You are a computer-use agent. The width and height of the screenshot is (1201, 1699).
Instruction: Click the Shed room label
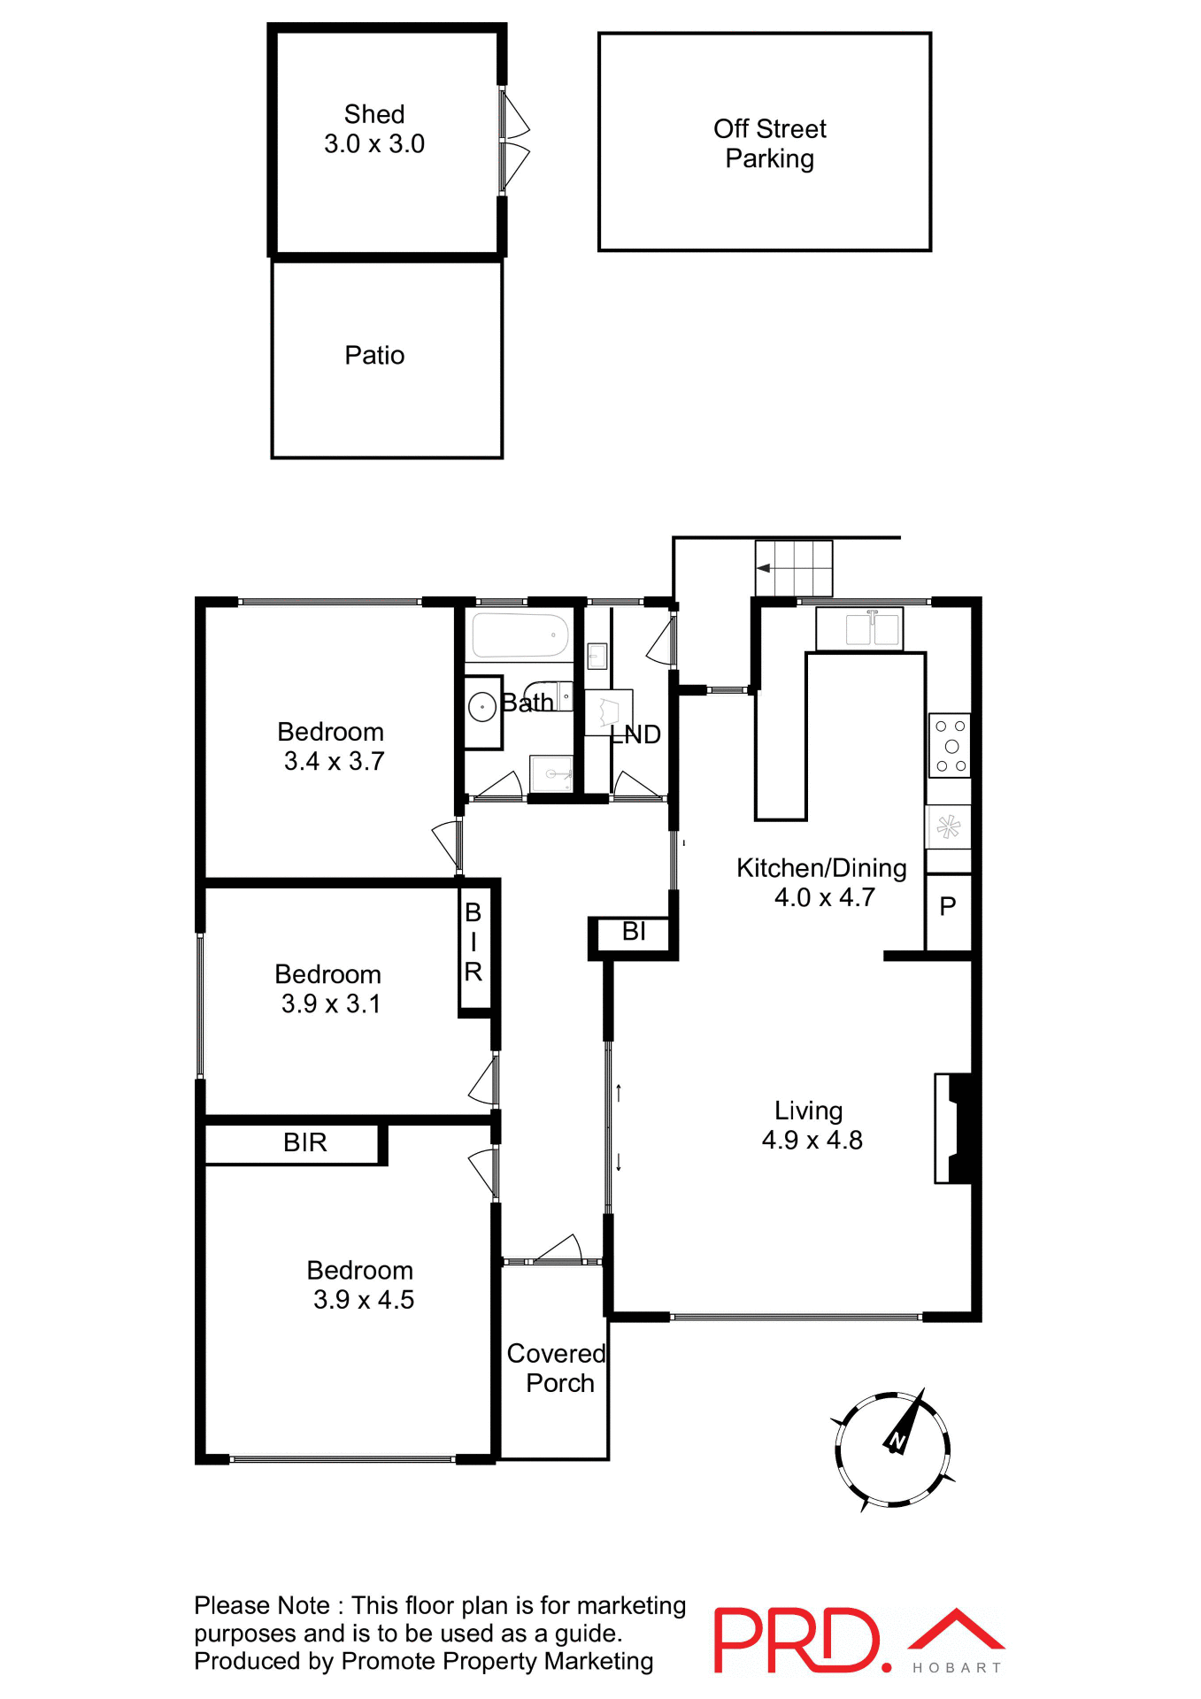[374, 115]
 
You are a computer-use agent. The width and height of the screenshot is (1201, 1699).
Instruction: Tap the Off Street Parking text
[769, 143]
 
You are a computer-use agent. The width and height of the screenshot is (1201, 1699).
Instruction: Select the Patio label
[374, 356]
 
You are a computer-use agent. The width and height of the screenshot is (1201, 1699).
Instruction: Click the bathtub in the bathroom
[520, 634]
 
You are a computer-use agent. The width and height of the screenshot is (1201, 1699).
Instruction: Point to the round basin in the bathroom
[482, 707]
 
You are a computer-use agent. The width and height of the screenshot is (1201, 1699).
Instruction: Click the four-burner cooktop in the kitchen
[950, 745]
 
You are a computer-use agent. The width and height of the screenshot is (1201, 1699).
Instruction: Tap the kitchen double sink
[872, 629]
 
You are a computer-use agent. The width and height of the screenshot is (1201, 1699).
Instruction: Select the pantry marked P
[948, 906]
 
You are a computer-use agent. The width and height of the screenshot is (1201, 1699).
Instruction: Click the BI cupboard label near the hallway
[634, 932]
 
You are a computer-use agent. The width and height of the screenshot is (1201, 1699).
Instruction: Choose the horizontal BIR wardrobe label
[304, 1142]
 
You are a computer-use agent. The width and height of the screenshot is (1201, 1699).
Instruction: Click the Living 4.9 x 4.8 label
[811, 1125]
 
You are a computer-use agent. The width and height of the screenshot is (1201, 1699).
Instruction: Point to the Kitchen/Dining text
[821, 868]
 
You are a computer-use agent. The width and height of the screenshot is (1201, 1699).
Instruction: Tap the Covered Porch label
[557, 1368]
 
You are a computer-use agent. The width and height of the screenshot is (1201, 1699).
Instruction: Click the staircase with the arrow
[794, 568]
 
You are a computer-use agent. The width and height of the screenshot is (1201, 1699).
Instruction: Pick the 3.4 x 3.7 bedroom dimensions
[334, 761]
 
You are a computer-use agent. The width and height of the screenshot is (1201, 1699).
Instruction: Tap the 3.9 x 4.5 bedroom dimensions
[363, 1300]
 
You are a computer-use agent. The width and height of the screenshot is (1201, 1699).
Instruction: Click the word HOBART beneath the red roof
[957, 1668]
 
